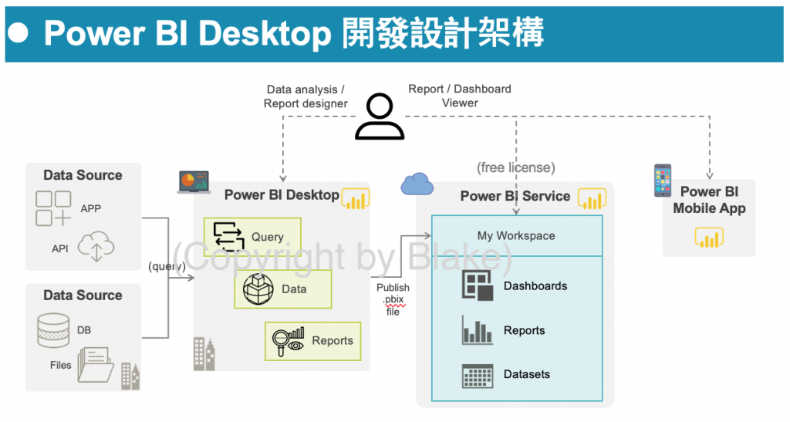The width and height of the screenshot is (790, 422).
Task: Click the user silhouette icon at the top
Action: coord(380,116)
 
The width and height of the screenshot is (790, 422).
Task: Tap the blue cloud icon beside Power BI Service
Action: coord(417,184)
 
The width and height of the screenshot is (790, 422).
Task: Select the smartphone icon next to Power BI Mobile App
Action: coord(662,181)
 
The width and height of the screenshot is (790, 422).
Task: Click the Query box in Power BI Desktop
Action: coord(252,237)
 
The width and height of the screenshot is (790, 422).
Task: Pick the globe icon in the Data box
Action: coord(258,289)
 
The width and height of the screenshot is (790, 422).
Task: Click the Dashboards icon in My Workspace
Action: coord(478,286)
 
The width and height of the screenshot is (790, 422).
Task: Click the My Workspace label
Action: coord(516,236)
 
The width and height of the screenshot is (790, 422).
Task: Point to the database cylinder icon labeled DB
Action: coord(53,329)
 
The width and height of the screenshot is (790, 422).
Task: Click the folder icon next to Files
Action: coord(96,366)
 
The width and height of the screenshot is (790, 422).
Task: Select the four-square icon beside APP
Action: coord(53,208)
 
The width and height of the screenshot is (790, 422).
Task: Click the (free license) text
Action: coord(516,167)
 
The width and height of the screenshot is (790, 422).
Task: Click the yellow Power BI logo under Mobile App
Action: coord(709,237)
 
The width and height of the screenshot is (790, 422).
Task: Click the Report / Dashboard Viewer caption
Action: coord(460,96)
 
